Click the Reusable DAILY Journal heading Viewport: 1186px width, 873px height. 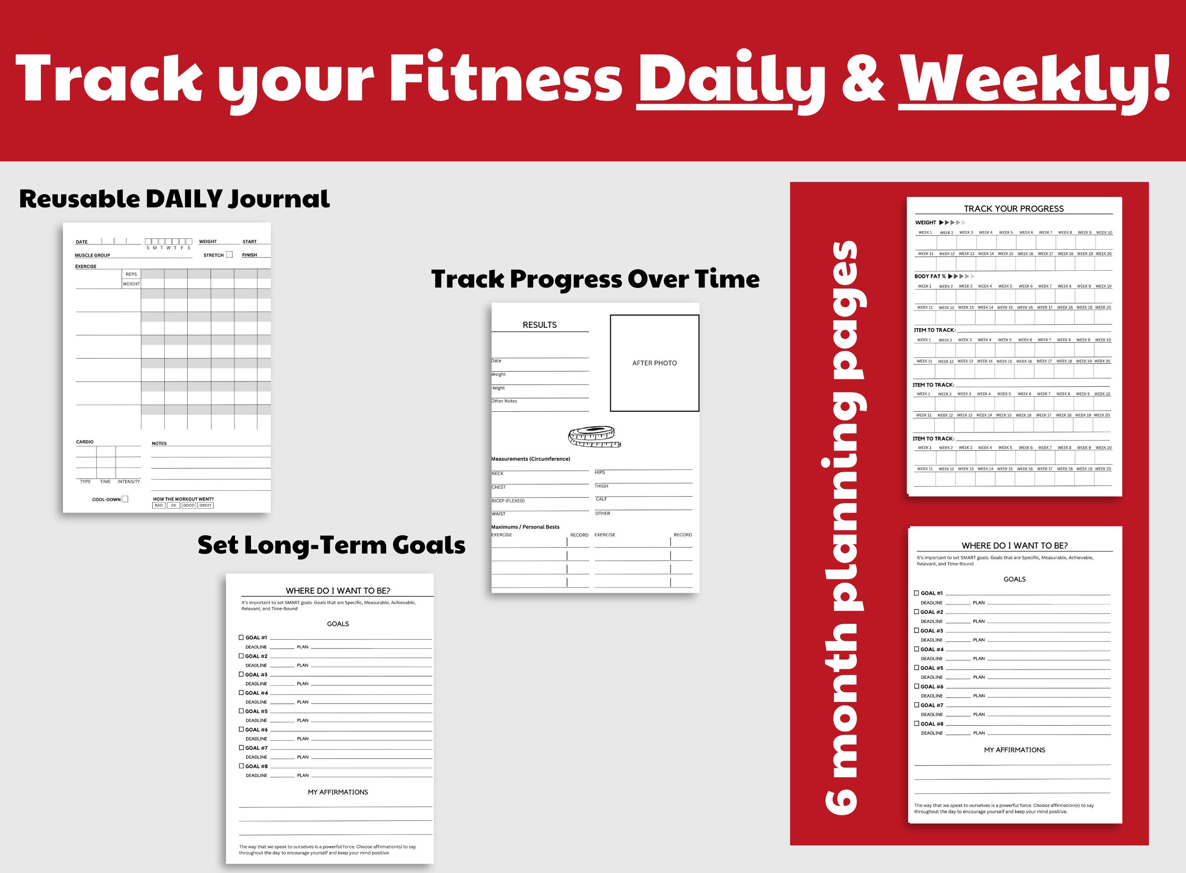point(174,199)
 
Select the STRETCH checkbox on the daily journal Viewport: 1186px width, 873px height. point(229,255)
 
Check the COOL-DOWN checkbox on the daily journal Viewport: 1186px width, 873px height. point(125,499)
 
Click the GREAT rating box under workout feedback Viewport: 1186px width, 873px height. point(206,505)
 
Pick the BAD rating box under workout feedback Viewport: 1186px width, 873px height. point(159,505)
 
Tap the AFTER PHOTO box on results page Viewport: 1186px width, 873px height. point(654,363)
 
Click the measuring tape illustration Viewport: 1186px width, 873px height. point(594,436)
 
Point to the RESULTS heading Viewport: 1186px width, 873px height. point(540,325)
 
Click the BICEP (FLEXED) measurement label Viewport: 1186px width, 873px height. point(508,501)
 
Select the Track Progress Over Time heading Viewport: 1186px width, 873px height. point(595,279)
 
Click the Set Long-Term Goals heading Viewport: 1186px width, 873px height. point(331,545)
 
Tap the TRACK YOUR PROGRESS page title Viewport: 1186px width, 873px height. point(1013,209)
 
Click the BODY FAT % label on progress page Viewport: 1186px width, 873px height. point(930,276)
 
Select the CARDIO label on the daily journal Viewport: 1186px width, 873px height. point(85,442)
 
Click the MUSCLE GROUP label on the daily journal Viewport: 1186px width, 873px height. point(92,255)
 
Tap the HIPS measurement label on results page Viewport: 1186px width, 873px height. point(599,472)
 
